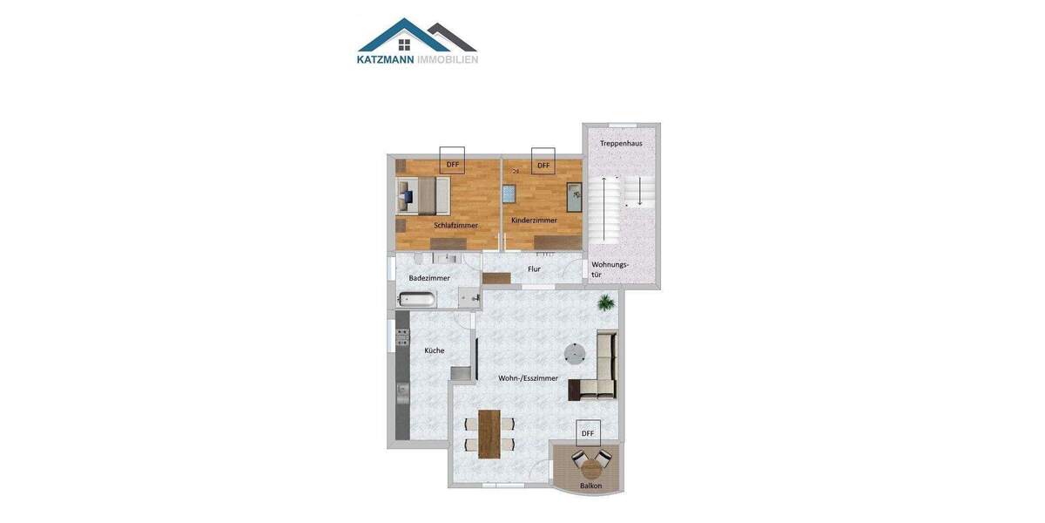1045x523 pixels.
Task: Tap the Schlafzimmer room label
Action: [456, 225]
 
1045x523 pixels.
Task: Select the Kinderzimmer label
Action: [534, 221]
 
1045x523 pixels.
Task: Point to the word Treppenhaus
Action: [621, 143]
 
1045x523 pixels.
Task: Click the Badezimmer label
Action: [429, 278]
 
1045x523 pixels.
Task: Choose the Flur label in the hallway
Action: [534, 269]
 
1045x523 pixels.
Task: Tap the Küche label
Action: [435, 350]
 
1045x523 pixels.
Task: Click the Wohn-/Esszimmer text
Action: [528, 378]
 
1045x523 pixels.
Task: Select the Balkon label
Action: [591, 486]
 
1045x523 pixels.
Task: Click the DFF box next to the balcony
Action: [588, 432]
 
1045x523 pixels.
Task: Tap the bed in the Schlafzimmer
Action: [422, 196]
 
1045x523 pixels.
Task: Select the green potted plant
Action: [606, 302]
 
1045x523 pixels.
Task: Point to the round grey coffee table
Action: [575, 353]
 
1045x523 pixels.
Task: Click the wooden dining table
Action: [489, 432]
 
